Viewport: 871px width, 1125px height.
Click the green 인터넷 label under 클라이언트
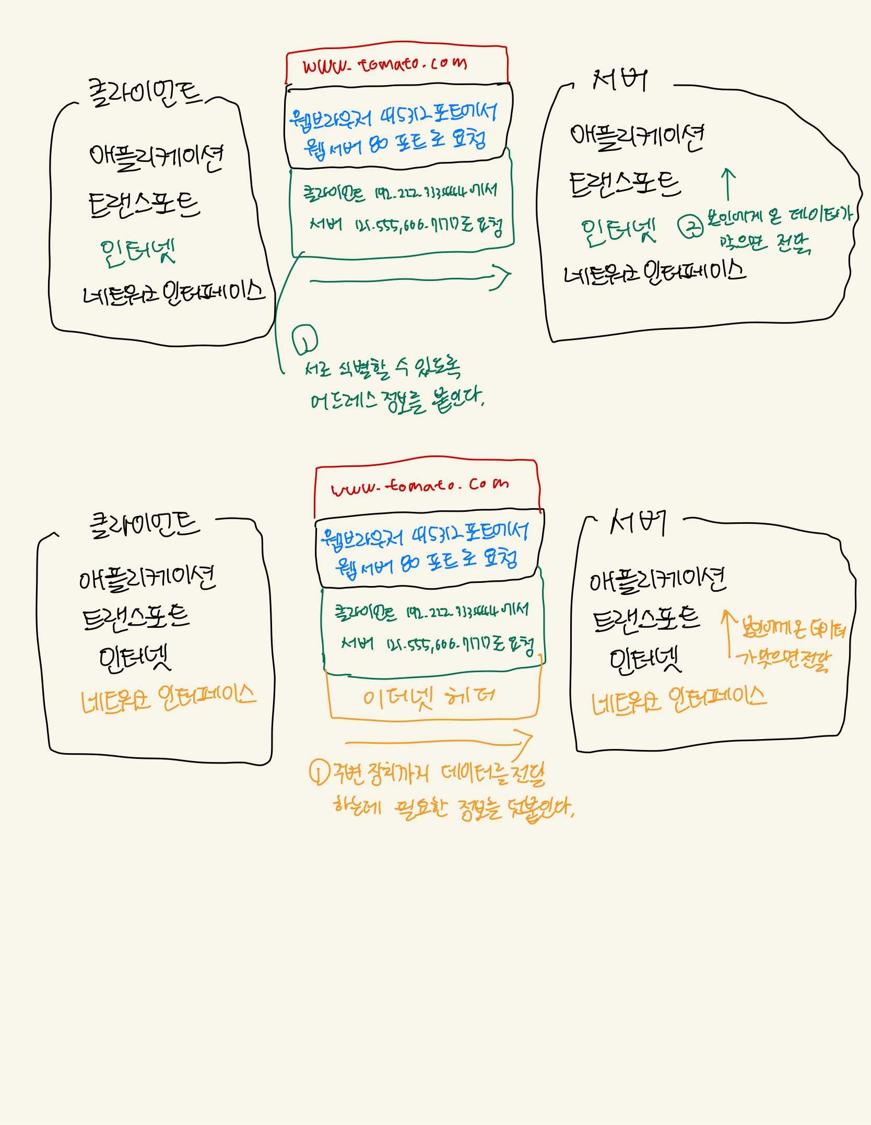[x=138, y=252]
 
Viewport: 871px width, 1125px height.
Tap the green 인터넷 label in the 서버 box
[x=618, y=230]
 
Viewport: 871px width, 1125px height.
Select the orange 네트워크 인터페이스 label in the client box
[x=168, y=698]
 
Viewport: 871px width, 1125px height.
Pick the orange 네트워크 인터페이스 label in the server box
[x=679, y=700]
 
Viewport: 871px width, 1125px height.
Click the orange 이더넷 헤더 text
[x=429, y=697]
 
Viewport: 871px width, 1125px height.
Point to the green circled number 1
[x=305, y=338]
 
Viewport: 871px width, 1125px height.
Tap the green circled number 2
[x=691, y=227]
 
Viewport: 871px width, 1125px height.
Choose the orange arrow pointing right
[x=439, y=741]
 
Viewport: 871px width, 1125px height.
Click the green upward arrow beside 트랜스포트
[x=728, y=184]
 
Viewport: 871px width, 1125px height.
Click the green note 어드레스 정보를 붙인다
[x=397, y=401]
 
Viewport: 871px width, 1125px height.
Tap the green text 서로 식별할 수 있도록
[x=383, y=368]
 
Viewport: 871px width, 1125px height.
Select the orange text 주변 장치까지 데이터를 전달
[x=439, y=774]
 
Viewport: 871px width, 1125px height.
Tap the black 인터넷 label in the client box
[x=135, y=659]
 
